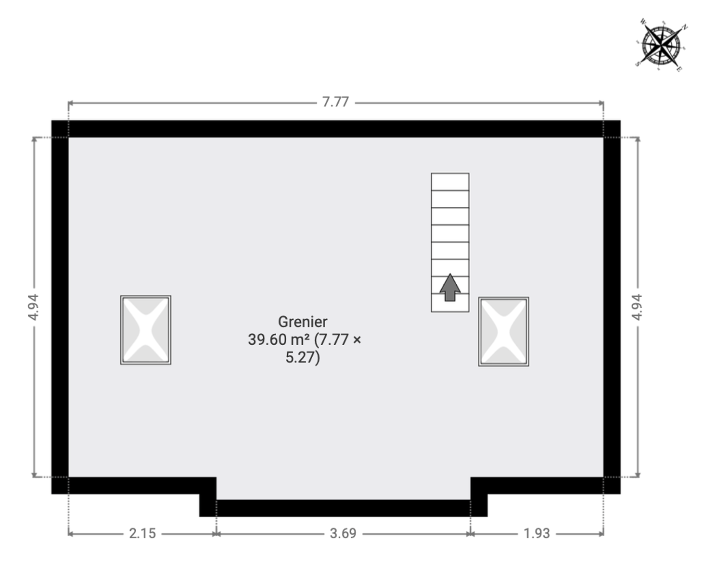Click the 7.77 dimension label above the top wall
tap(335, 102)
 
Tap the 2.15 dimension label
tap(142, 533)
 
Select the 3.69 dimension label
tap(343, 533)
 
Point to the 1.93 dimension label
tap(536, 533)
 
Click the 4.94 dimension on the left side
tap(33, 307)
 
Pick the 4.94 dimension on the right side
tap(637, 307)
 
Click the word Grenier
tap(303, 322)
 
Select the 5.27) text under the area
tap(303, 358)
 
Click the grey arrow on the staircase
tap(450, 288)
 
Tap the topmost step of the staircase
tap(450, 182)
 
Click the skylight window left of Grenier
tap(145, 330)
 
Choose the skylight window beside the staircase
tap(504, 332)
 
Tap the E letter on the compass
tap(679, 69)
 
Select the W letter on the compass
tap(643, 22)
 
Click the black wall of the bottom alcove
tap(343, 508)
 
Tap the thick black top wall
tap(336, 129)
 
